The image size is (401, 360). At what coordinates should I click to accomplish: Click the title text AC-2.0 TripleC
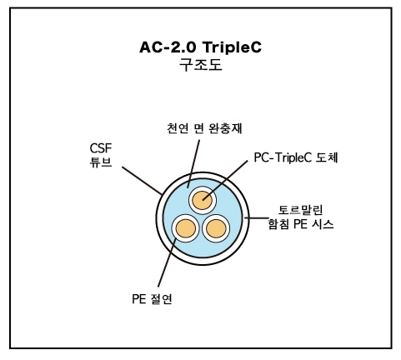(200, 47)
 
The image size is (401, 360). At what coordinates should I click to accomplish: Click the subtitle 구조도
(200, 65)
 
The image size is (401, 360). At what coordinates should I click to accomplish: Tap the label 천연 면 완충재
(204, 128)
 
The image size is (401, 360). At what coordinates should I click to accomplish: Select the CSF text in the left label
(101, 148)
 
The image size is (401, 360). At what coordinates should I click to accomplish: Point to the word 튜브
(101, 162)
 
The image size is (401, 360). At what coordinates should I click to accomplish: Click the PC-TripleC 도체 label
(296, 157)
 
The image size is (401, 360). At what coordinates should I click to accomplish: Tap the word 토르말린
(300, 210)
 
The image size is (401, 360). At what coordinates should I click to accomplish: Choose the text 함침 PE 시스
(301, 224)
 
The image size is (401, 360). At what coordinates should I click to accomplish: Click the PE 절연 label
(152, 299)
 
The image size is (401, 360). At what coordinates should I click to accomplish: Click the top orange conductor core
(203, 200)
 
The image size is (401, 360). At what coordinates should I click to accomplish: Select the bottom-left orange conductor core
(186, 228)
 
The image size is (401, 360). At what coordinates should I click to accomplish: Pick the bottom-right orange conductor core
(216, 228)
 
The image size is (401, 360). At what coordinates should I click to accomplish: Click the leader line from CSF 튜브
(142, 181)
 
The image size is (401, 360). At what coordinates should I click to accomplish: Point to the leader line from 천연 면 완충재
(193, 164)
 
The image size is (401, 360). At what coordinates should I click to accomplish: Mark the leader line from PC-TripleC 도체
(225, 180)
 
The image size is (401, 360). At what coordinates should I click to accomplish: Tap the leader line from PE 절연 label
(167, 262)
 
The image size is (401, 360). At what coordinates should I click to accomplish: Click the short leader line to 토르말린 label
(256, 218)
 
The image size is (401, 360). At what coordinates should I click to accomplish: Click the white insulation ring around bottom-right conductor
(216, 216)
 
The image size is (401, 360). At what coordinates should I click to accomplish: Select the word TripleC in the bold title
(232, 47)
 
